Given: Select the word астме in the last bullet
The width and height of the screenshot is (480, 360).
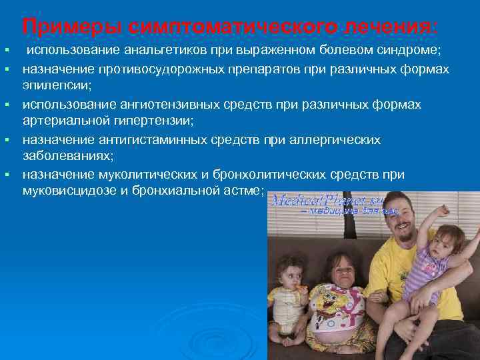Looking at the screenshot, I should pyautogui.click(x=244, y=192).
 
